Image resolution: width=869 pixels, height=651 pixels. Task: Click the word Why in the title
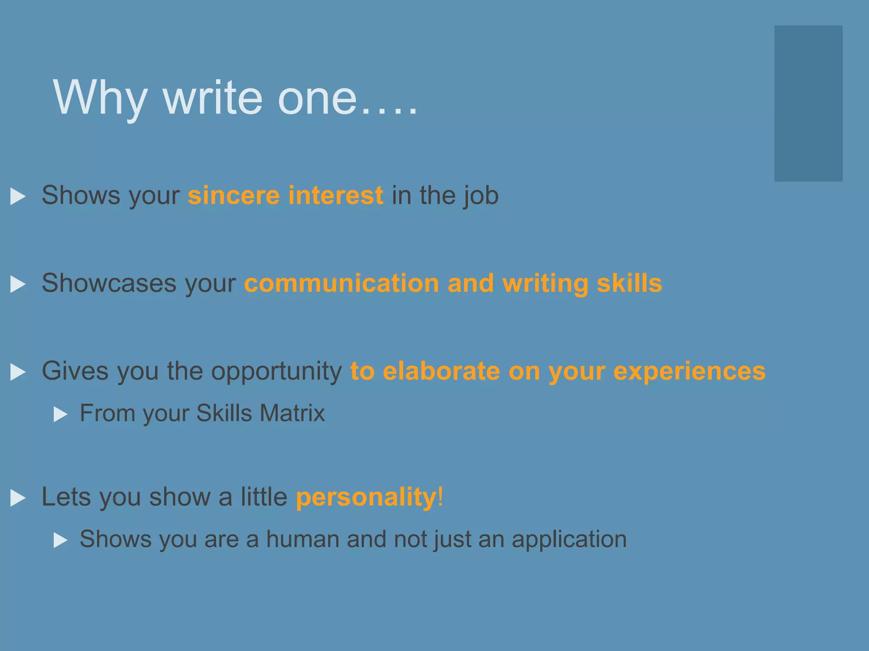tap(100, 98)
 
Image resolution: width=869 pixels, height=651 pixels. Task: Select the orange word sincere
tap(233, 195)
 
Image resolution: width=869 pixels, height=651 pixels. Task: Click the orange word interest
tap(336, 195)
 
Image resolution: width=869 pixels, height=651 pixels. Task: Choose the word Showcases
tap(109, 283)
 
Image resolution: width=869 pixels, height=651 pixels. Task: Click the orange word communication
tap(342, 283)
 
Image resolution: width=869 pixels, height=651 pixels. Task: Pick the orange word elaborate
tap(441, 371)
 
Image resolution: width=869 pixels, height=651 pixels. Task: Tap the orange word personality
tap(366, 498)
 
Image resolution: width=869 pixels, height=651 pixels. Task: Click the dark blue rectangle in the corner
tap(808, 103)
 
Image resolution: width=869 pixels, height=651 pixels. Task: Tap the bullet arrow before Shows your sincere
tap(17, 197)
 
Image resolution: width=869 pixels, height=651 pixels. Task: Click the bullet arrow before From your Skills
tap(61, 415)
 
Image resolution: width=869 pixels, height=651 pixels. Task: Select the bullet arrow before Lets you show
tap(17, 498)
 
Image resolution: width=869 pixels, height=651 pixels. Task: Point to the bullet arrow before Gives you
tap(17, 372)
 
